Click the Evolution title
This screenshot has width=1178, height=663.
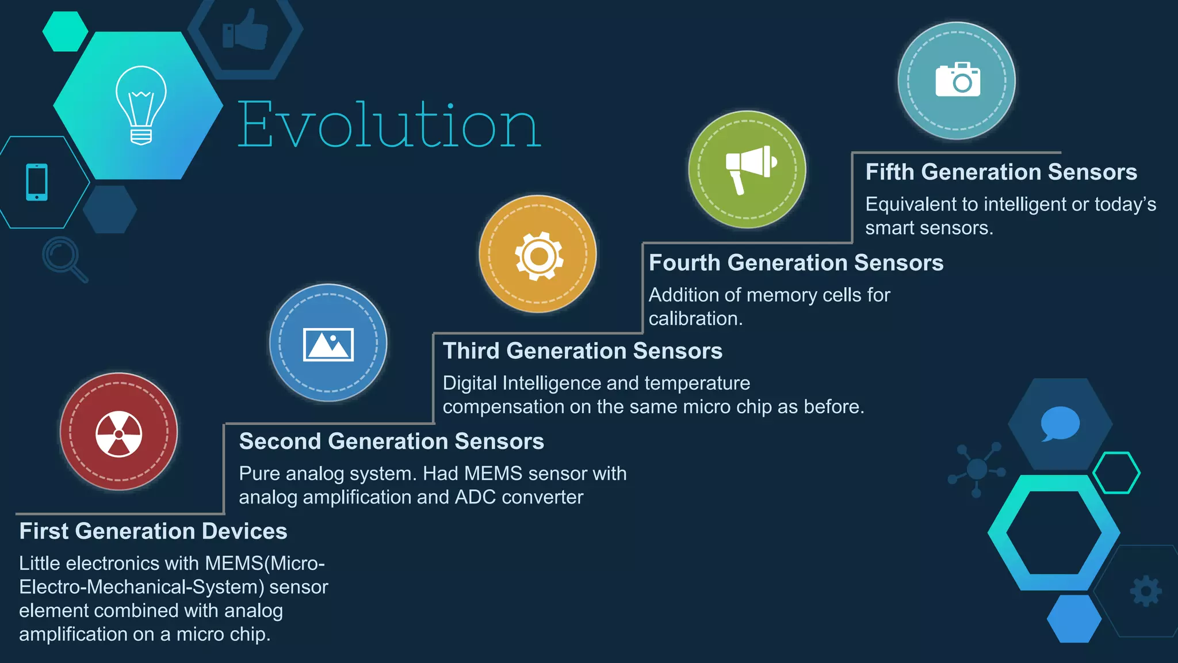[x=389, y=124]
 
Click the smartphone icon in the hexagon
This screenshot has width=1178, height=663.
[x=37, y=182]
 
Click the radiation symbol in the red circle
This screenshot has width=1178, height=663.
[x=118, y=433]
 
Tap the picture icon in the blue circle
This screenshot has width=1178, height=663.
[x=328, y=344]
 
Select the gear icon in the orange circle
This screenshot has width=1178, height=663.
[x=538, y=256]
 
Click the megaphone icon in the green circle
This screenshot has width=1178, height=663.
[x=749, y=169]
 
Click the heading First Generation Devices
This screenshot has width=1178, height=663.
[x=153, y=531]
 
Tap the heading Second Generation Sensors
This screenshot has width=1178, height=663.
[x=391, y=441]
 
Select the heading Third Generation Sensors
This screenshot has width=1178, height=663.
[x=582, y=351]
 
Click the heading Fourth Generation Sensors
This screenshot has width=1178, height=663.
[x=795, y=263]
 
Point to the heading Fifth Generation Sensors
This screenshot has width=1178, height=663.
[x=1001, y=172]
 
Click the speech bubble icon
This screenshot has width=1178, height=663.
[x=1060, y=424]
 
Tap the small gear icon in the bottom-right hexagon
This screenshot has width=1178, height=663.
[x=1146, y=591]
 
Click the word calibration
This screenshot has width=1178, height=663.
[x=695, y=319]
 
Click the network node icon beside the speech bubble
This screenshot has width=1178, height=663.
[x=977, y=469]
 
